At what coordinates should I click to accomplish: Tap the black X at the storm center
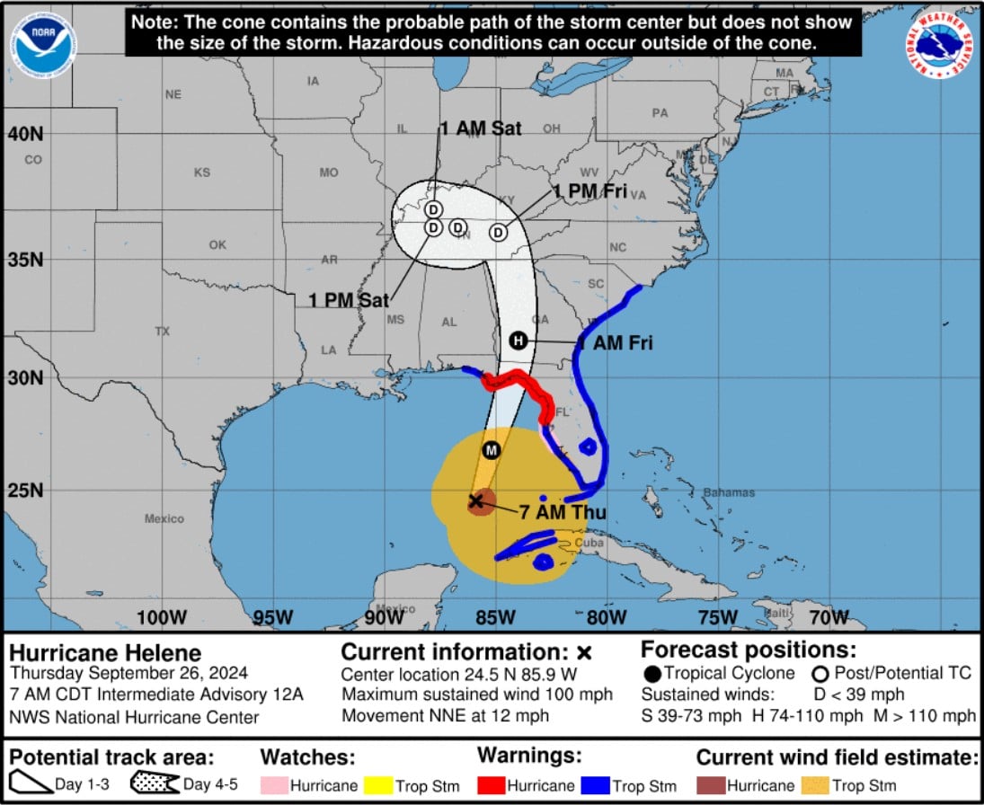(476, 500)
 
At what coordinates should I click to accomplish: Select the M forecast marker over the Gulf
(491, 449)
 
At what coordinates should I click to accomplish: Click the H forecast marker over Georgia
(518, 341)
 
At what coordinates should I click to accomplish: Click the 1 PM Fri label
(590, 190)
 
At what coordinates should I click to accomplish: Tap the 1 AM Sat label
(481, 129)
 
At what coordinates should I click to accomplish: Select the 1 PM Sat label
(350, 300)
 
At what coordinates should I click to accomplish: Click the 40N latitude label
(25, 134)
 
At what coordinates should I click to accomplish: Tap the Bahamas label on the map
(729, 492)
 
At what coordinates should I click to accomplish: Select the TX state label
(162, 332)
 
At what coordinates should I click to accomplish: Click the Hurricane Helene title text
(105, 653)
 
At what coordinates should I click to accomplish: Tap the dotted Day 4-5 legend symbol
(154, 784)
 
